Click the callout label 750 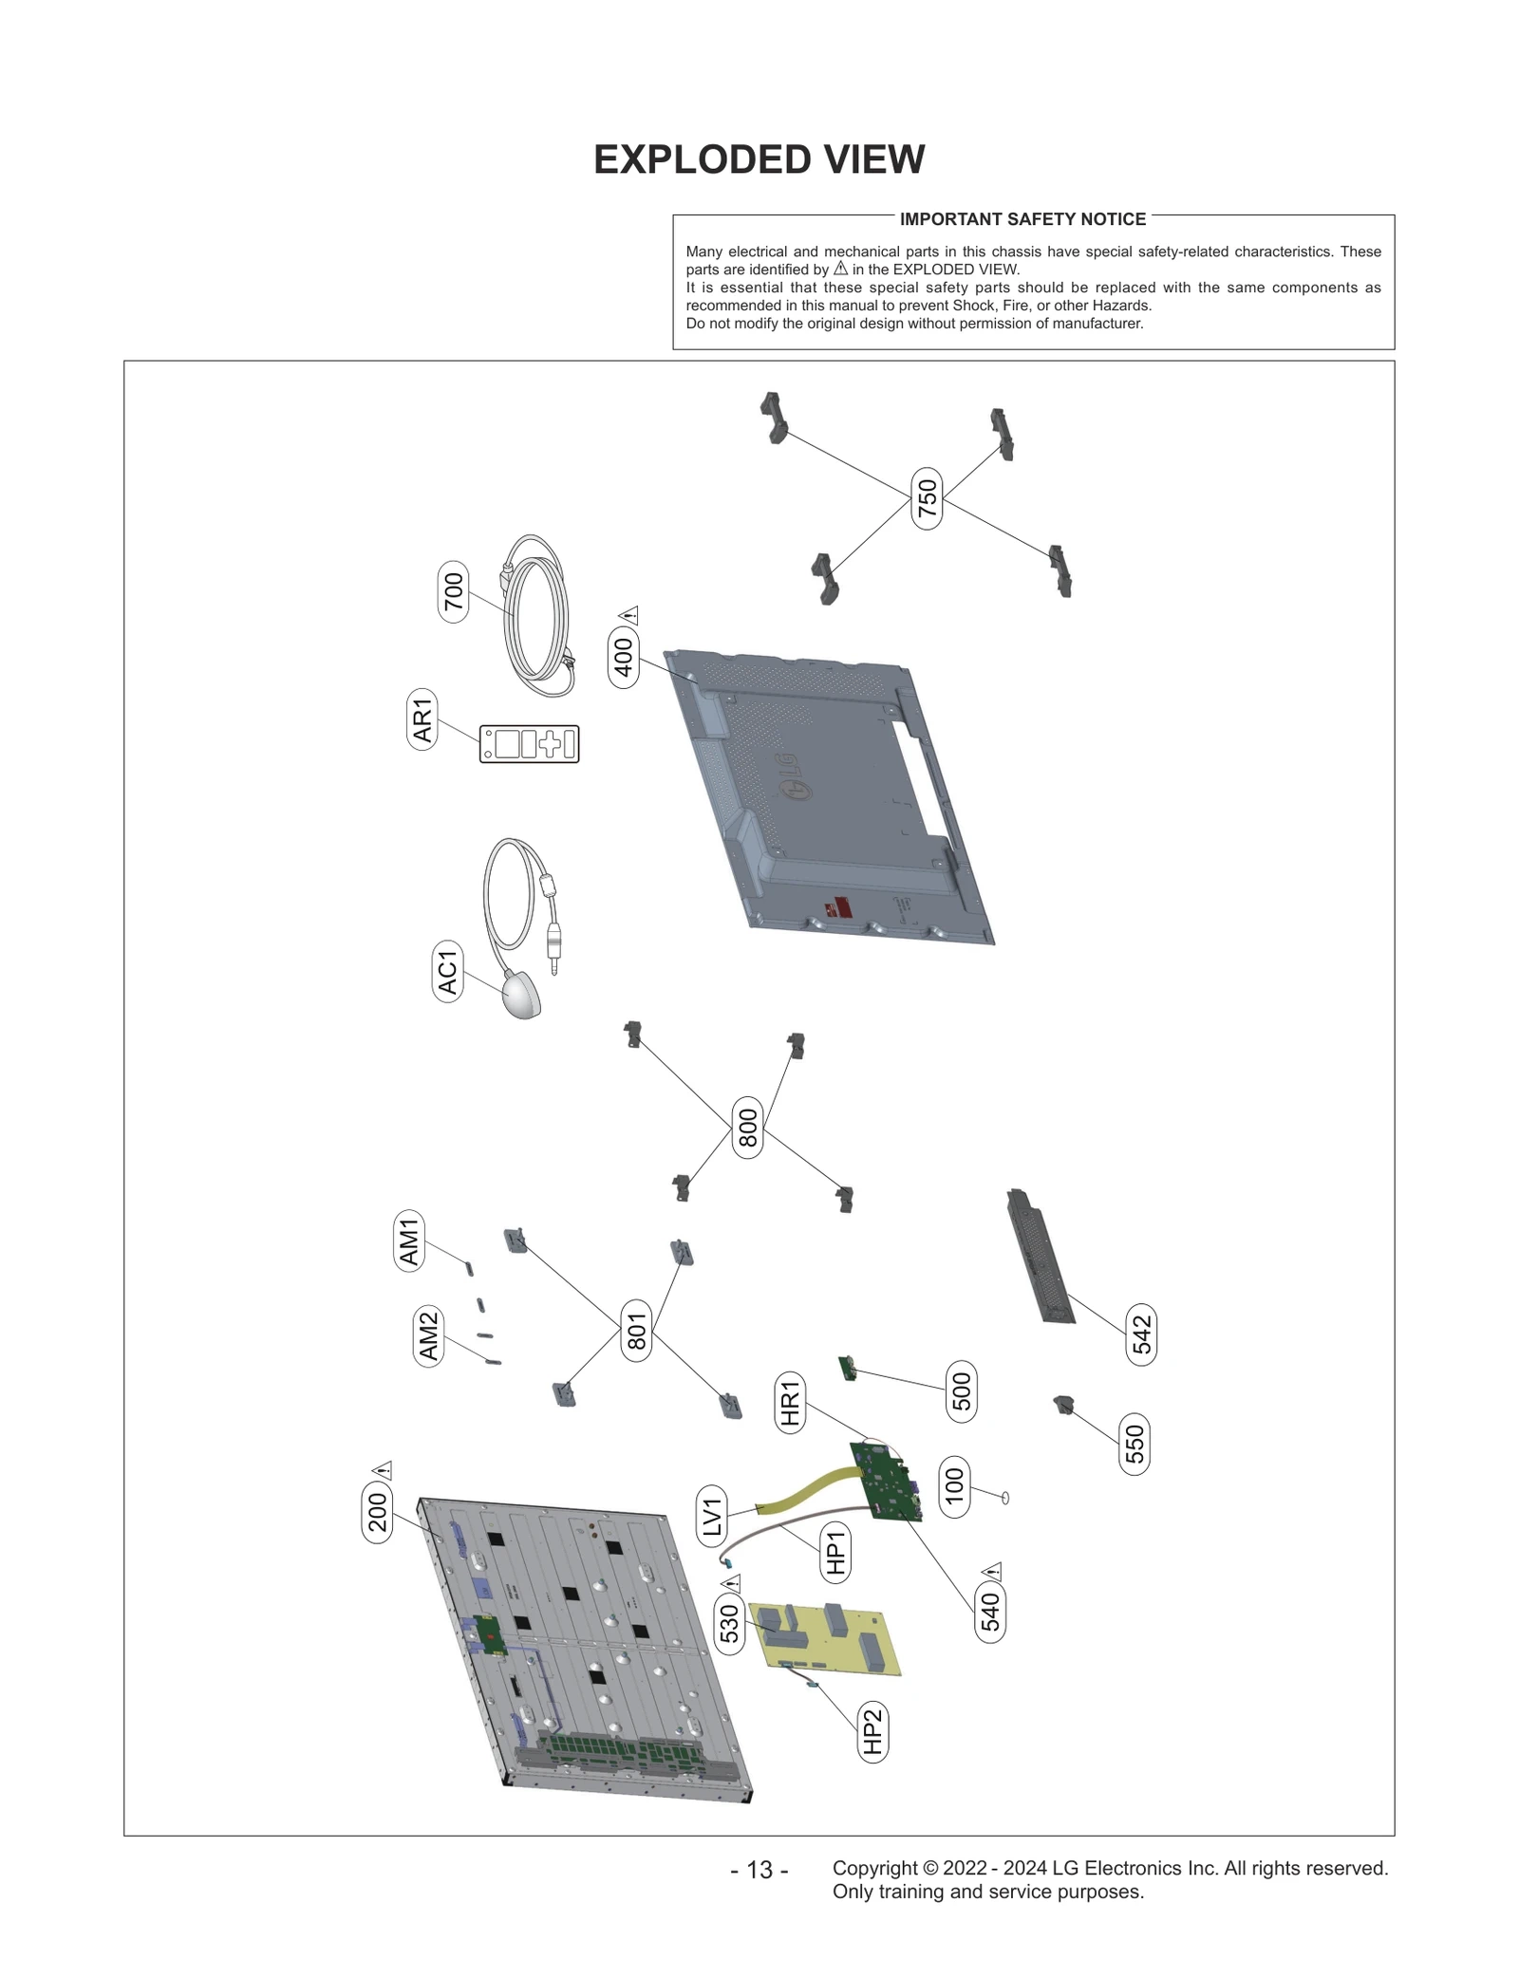tap(927, 498)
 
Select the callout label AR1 tap(422, 719)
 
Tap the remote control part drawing tap(529, 744)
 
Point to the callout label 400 tap(624, 657)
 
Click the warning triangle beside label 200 tap(382, 1470)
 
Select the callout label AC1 tap(447, 972)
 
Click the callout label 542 tap(1141, 1334)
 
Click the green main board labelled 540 tap(887, 1481)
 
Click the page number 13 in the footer tap(759, 1869)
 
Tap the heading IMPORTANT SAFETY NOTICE tap(1022, 219)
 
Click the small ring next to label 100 tap(1004, 1497)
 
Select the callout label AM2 tap(428, 1334)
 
